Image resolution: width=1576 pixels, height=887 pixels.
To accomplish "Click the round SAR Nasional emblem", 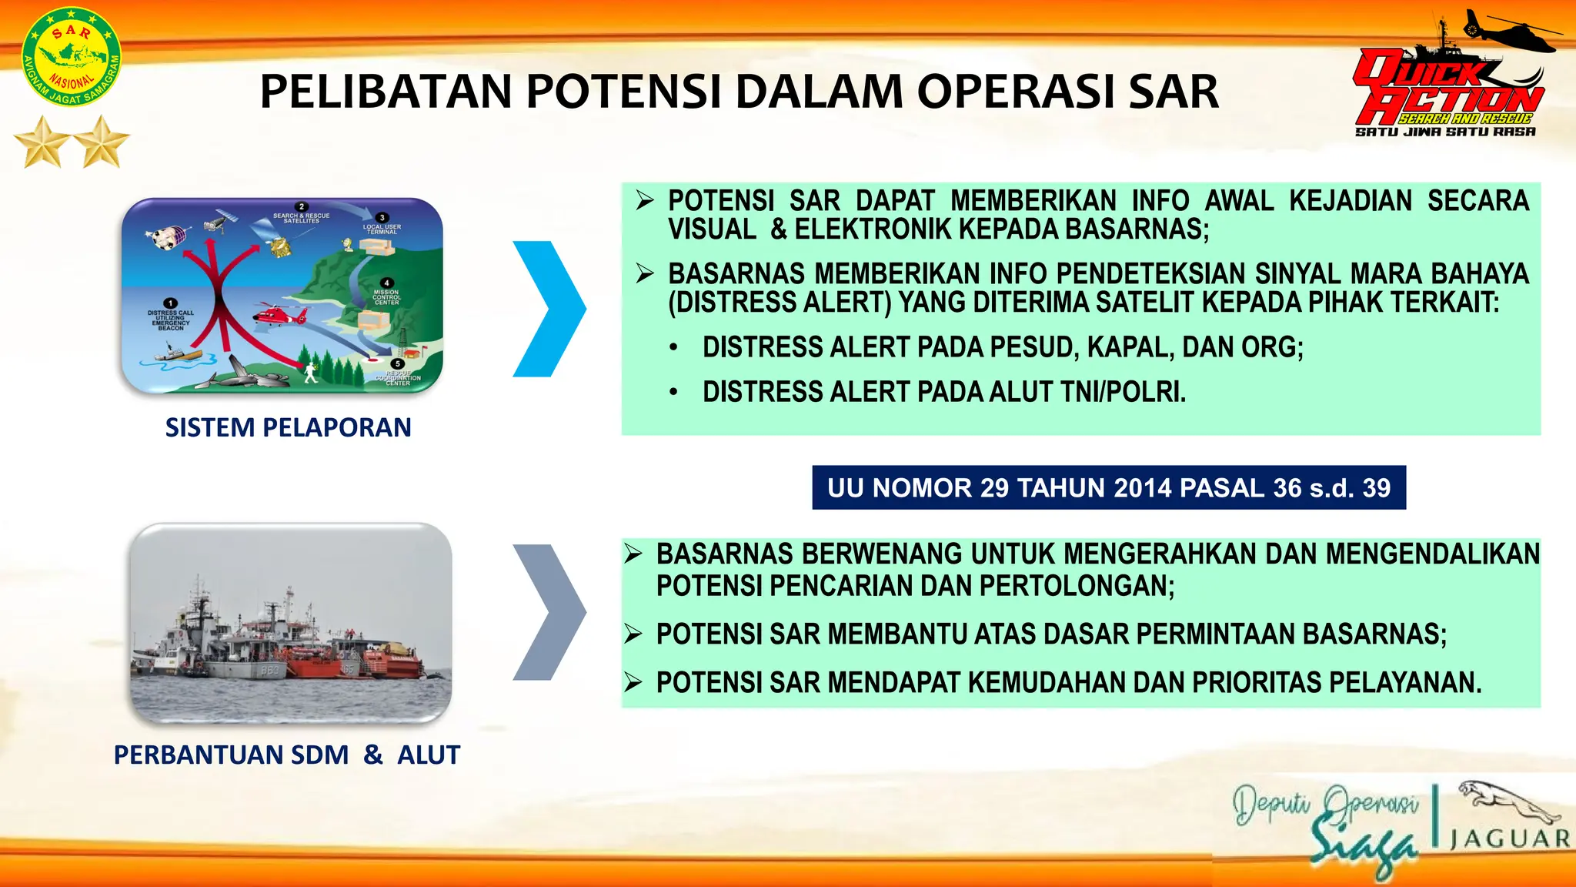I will click(71, 57).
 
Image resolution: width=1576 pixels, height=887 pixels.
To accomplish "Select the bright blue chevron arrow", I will click(548, 309).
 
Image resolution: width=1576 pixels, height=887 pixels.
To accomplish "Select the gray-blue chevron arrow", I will click(548, 612).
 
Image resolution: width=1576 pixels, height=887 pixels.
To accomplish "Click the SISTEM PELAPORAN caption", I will click(288, 427).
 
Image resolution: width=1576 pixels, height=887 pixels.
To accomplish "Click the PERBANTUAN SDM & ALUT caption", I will click(286, 755).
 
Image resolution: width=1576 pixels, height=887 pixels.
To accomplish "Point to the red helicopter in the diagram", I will click(279, 314).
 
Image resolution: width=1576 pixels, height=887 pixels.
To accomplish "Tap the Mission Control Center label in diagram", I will click(386, 296).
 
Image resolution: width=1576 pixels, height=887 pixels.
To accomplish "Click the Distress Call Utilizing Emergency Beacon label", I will click(170, 319).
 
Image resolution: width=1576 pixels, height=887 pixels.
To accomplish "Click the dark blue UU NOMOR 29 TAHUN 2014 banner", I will click(1108, 487).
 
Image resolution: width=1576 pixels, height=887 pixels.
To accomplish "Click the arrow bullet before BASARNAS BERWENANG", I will click(633, 554).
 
